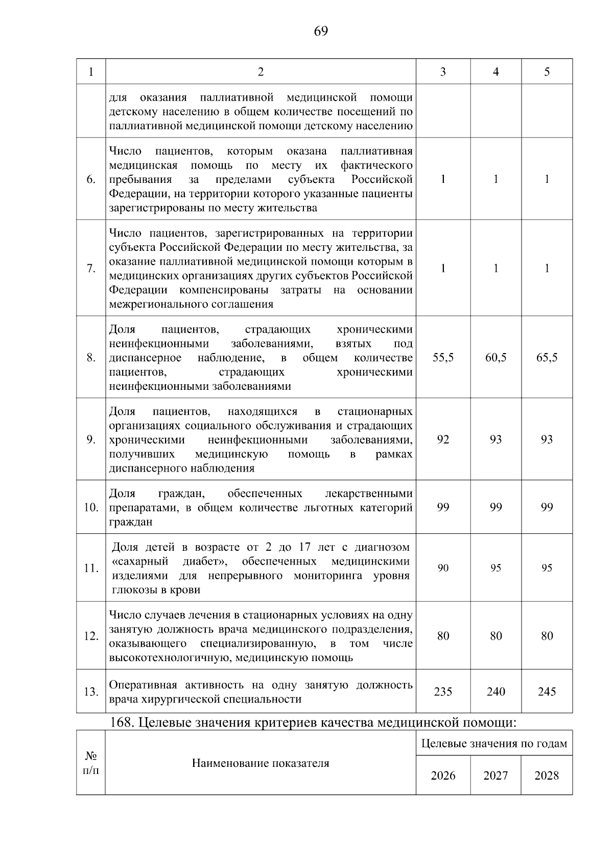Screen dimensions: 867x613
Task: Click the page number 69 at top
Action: [x=321, y=32]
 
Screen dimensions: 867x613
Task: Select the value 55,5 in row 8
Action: [x=443, y=358]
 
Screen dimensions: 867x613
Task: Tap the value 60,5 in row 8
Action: [x=496, y=358]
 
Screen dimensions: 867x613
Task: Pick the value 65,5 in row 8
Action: [x=547, y=358]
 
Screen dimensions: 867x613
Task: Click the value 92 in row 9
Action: [x=443, y=439]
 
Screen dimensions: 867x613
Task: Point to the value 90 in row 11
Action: [x=443, y=568]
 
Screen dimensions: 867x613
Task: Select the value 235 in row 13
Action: [x=443, y=692]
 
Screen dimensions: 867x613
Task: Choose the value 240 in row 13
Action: [x=496, y=692]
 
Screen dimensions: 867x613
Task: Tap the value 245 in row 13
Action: [x=547, y=692]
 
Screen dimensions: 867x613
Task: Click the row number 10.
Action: [x=91, y=508]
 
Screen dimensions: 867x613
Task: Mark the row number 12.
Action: [x=91, y=637]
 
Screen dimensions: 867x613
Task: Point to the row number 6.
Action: [x=91, y=180]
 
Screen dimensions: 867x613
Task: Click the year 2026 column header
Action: [x=443, y=776]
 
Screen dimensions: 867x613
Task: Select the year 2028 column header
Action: [x=547, y=776]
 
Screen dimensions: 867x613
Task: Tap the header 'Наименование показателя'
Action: [x=261, y=764]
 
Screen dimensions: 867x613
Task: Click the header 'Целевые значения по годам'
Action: [x=494, y=744]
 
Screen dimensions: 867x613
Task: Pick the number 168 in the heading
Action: [x=121, y=723]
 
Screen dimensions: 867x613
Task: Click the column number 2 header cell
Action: [x=261, y=72]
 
